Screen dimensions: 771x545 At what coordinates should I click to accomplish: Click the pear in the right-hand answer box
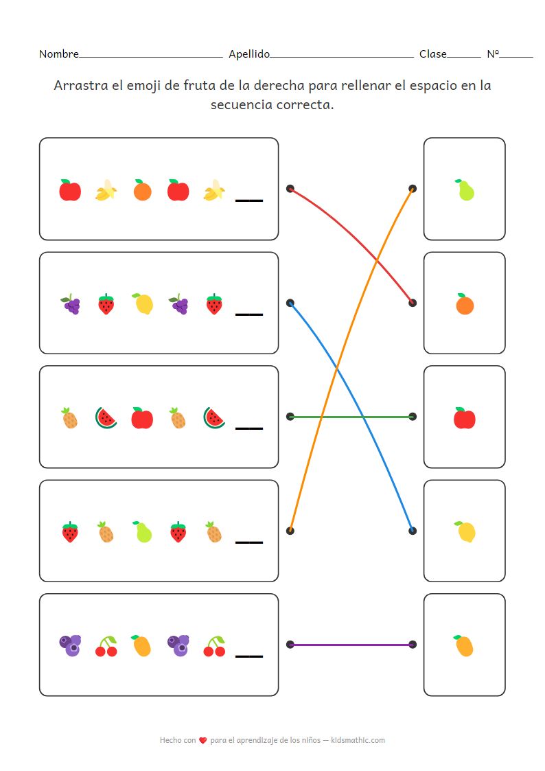[465, 190]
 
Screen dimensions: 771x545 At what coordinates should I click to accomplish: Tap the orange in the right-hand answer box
[465, 304]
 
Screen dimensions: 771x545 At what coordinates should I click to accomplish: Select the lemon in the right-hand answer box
[465, 531]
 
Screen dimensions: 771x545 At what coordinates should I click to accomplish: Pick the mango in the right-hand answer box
[465, 645]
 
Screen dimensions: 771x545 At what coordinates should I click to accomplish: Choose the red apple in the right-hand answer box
[465, 418]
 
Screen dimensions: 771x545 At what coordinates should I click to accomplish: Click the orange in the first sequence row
[142, 190]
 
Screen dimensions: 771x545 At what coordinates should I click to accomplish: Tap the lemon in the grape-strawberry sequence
[143, 304]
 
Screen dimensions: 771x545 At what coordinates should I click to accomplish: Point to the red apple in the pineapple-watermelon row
[142, 418]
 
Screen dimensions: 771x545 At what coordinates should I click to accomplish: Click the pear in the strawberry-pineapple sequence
[142, 531]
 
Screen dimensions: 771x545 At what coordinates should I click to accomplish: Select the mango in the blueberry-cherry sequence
[141, 645]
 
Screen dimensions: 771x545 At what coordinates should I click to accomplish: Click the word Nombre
[58, 54]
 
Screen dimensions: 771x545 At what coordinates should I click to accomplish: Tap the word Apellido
[249, 54]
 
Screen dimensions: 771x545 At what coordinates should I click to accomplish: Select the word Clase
[432, 54]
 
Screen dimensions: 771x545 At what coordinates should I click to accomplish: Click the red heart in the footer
[202, 741]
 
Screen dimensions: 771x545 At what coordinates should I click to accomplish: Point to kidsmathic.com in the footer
[358, 740]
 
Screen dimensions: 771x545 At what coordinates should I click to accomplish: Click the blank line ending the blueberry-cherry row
[249, 656]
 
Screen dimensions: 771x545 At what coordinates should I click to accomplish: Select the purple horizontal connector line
[351, 645]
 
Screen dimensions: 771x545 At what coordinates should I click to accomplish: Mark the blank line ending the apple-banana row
[249, 200]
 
